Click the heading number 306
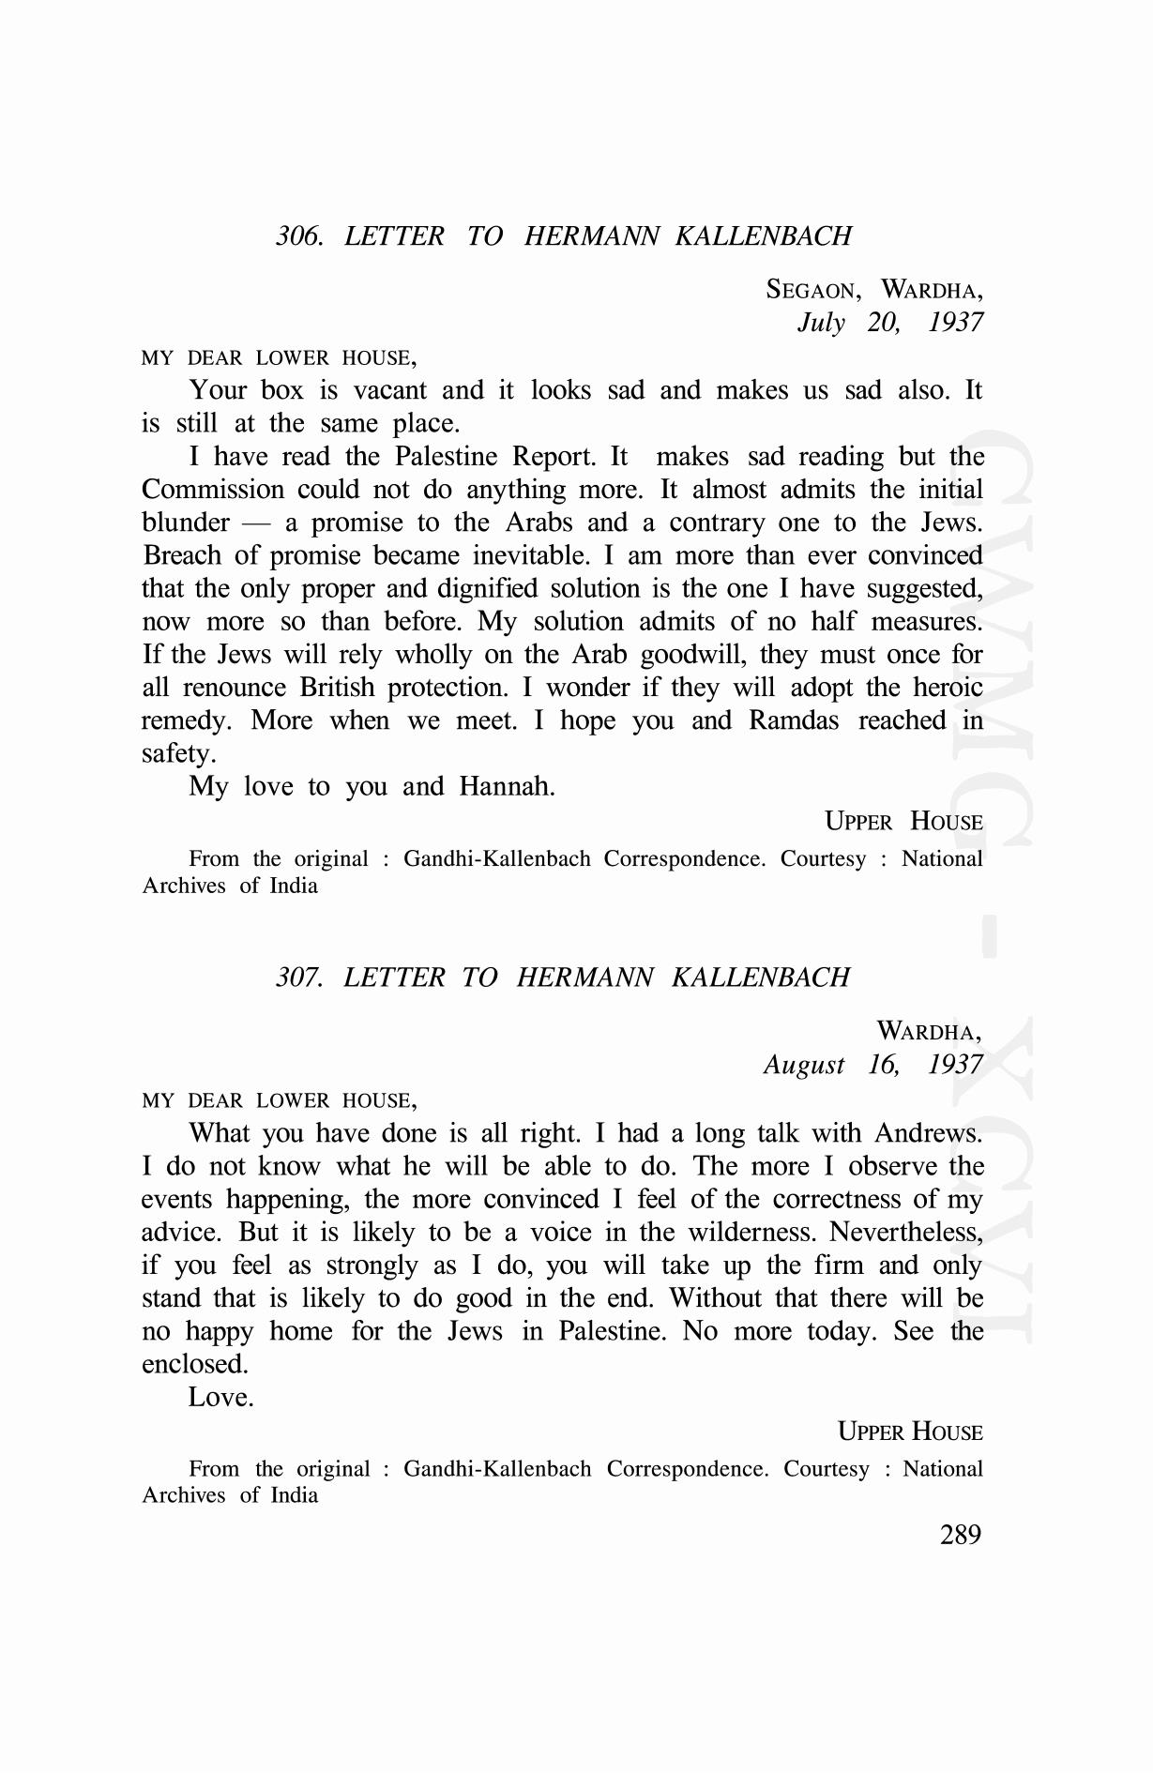coord(299,235)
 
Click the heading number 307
coord(299,977)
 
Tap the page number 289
coord(960,1535)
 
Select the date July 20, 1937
coord(889,322)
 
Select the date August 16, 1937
coord(872,1064)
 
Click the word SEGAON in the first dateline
coord(812,289)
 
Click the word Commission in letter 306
coord(213,490)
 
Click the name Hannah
coord(507,786)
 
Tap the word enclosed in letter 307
coord(194,1364)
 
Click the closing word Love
coord(220,1397)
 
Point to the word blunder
coord(186,523)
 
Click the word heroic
coord(948,688)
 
